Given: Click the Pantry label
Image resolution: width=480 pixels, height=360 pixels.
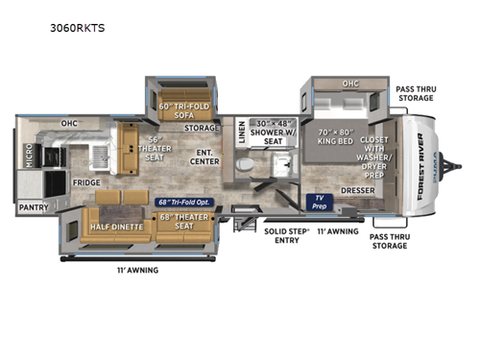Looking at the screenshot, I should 32,205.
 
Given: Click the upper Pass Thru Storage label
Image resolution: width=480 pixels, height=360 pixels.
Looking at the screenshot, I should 416,92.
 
